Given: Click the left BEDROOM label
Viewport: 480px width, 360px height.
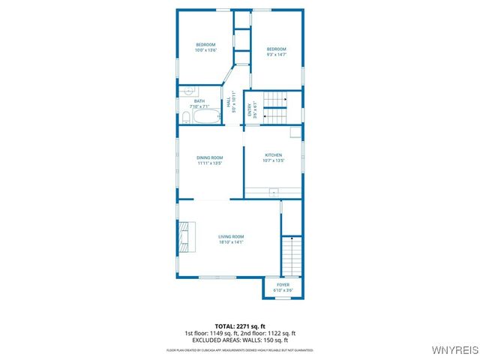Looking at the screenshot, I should click(205, 44).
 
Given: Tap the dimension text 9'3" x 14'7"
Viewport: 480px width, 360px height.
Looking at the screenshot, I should click(277, 55).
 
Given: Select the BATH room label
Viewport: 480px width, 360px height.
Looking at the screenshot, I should click(199, 101).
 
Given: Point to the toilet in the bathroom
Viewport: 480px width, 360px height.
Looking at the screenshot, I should click(185, 116).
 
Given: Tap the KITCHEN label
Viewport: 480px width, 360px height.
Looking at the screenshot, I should click(273, 155).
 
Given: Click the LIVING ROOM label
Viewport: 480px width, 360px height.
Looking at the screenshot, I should click(231, 237).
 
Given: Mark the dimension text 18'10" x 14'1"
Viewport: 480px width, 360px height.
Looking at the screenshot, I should click(231, 242).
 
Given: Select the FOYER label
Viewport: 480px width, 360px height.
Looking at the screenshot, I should click(283, 285).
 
